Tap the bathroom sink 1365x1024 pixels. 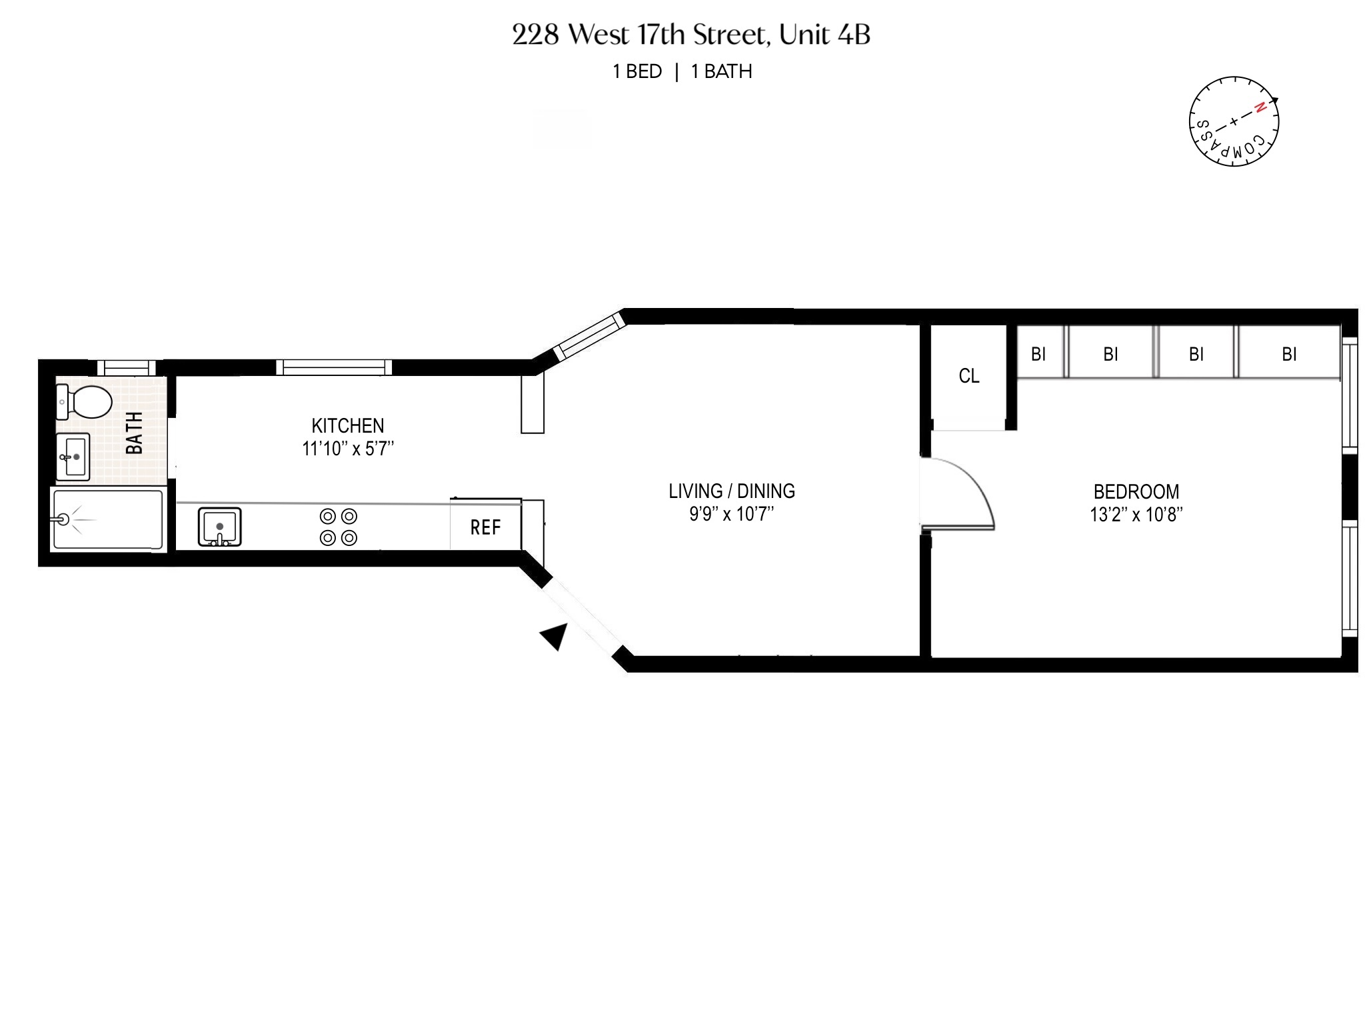pyautogui.click(x=73, y=457)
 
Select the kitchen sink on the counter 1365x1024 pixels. pyautogui.click(x=219, y=527)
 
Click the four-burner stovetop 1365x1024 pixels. pyautogui.click(x=339, y=527)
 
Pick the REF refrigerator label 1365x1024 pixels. pyautogui.click(x=485, y=528)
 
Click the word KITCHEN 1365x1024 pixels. pyautogui.click(x=347, y=425)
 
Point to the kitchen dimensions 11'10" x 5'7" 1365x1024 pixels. pyautogui.click(x=348, y=449)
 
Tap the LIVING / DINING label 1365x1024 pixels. pyautogui.click(x=731, y=491)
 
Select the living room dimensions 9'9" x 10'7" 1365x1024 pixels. pyautogui.click(x=731, y=515)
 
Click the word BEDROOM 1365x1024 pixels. pyautogui.click(x=1136, y=492)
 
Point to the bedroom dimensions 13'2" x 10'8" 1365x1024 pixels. pyautogui.click(x=1136, y=515)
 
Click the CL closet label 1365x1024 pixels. pyautogui.click(x=968, y=377)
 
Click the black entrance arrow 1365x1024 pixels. pyautogui.click(x=555, y=637)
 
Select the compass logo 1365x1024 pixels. pyautogui.click(x=1234, y=121)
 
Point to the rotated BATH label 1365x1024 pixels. pyautogui.click(x=135, y=433)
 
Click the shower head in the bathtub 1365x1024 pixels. pyautogui.click(x=65, y=519)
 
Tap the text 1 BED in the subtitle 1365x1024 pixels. pyautogui.click(x=637, y=72)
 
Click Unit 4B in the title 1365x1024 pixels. pyautogui.click(x=824, y=35)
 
